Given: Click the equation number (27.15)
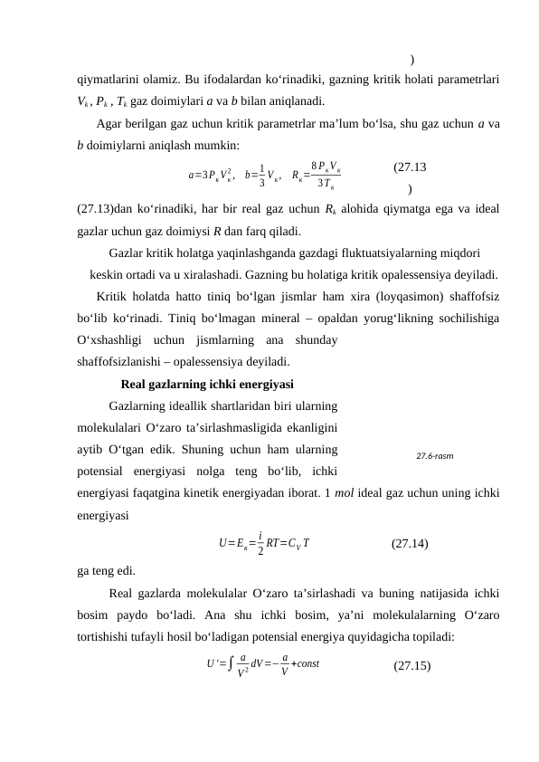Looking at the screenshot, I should (411, 666).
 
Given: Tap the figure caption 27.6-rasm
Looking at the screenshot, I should (434, 455).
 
